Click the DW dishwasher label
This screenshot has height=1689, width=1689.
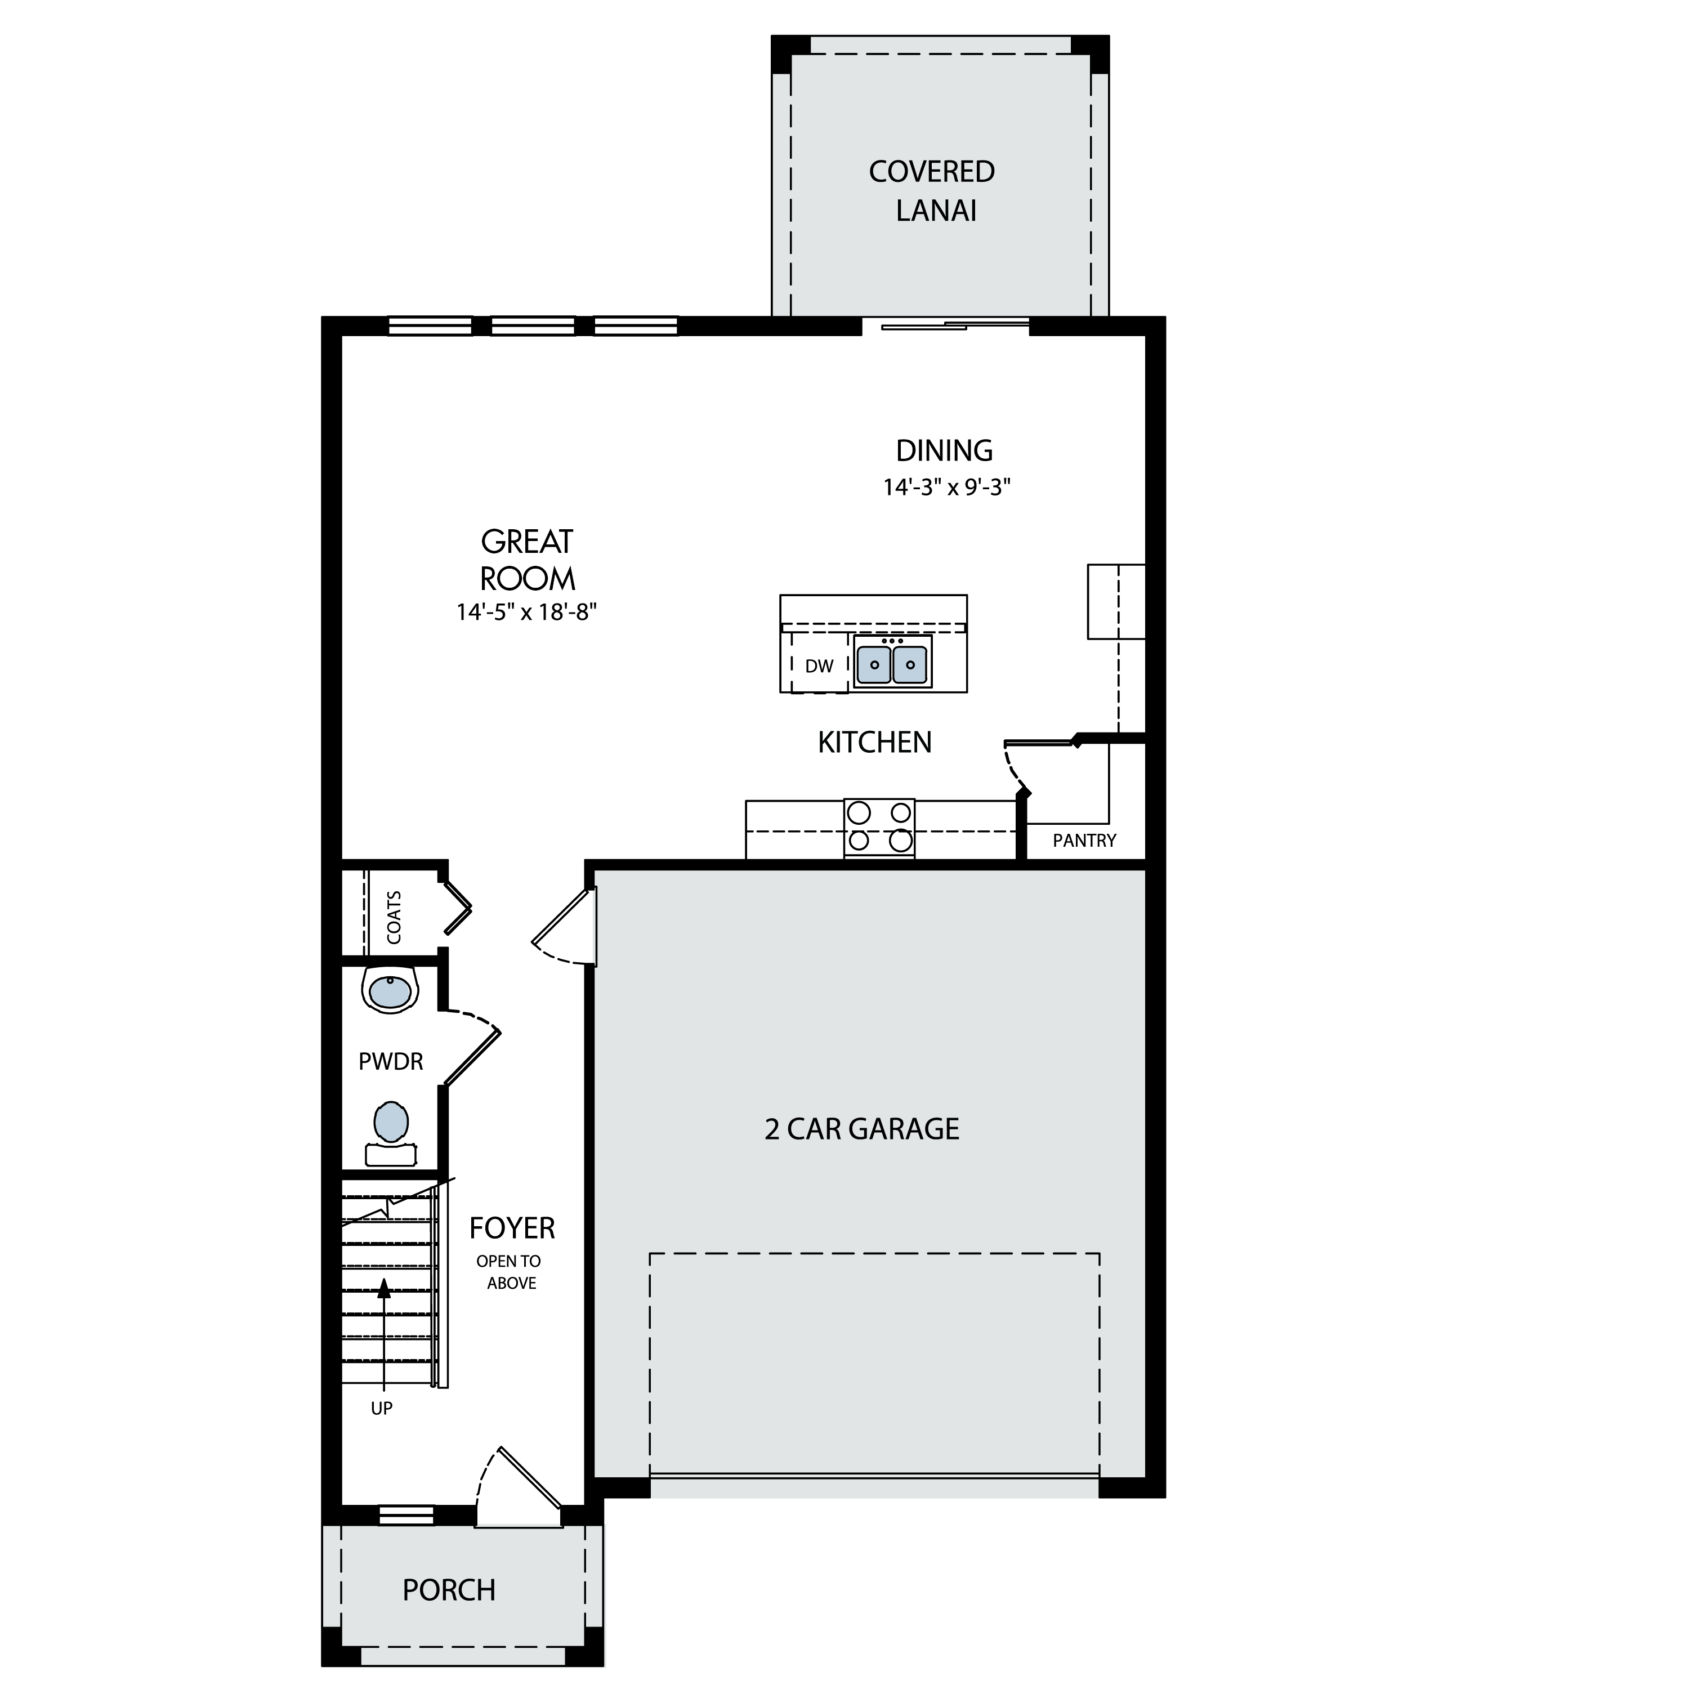819,666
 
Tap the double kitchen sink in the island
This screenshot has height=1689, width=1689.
892,662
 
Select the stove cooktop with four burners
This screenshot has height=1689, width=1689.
879,827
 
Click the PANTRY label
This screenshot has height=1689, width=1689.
1084,841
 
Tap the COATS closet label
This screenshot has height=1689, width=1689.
394,917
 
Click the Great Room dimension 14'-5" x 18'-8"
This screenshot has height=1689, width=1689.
526,612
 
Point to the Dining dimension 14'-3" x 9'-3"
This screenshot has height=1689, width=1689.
947,487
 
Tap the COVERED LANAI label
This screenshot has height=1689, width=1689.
933,191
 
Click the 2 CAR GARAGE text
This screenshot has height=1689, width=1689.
862,1129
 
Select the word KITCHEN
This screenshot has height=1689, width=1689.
875,742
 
